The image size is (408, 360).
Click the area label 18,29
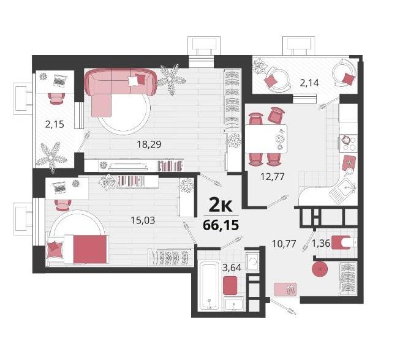pos(149,144)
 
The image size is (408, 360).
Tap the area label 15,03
pos(143,220)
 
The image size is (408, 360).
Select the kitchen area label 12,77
pos(273,177)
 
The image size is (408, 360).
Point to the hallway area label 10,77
pos(284,244)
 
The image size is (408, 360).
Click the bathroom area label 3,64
pos(232,268)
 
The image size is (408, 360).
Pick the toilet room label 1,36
pos(321,244)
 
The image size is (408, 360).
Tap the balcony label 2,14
pos(309,83)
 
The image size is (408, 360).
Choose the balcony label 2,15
pos(55,124)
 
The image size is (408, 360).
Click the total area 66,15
pos(221,225)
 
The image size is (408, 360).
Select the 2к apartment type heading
pos(221,206)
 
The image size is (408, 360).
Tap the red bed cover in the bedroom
pos(90,249)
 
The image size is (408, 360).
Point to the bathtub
pos(209,285)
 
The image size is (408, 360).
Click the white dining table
pos(266,138)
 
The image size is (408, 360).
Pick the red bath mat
pos(230,285)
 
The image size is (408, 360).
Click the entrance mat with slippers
pos(285,289)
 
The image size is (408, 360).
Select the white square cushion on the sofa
pos(133,81)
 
